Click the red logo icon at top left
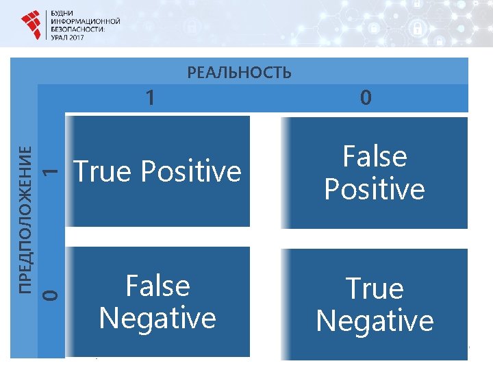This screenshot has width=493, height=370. click(31, 25)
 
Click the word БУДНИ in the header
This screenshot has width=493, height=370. click(63, 13)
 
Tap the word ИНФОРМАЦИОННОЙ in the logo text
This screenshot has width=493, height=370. click(86, 21)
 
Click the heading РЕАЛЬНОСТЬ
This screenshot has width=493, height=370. click(239, 72)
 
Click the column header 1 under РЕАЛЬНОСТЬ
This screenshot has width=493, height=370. click(150, 98)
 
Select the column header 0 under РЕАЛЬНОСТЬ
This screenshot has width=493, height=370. click(366, 98)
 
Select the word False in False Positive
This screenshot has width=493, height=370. click(375, 157)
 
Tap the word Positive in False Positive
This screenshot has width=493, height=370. click(375, 189)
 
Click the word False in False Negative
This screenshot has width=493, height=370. click(157, 286)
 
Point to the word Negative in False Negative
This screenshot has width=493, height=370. click(157, 318)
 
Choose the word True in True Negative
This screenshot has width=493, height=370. click(375, 288)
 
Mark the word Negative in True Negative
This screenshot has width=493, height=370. click(375, 321)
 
